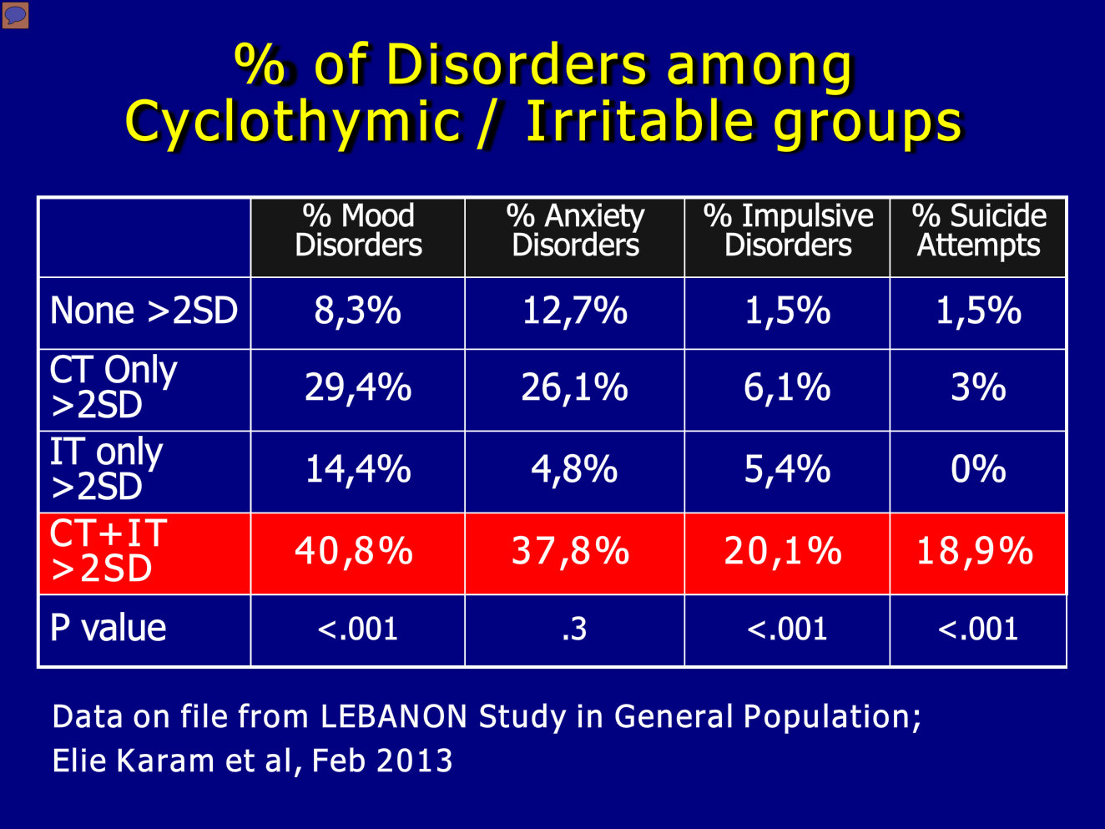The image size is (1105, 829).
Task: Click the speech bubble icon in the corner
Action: click(x=15, y=14)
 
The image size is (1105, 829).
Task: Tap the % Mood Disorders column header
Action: click(x=358, y=230)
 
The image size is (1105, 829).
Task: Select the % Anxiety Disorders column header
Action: click(x=575, y=230)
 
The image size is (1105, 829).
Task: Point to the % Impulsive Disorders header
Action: click(x=788, y=230)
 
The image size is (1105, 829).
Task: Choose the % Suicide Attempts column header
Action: click(x=979, y=230)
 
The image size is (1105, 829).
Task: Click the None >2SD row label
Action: click(x=144, y=310)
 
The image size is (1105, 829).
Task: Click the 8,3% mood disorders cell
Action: click(x=357, y=311)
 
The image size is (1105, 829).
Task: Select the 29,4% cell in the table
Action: click(x=358, y=387)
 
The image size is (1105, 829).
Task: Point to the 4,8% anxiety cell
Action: click(x=574, y=469)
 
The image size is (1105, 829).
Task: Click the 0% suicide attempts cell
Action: click(x=978, y=468)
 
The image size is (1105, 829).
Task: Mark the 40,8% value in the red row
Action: click(x=354, y=551)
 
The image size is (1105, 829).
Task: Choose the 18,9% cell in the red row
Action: click(x=975, y=551)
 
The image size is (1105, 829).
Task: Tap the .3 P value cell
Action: click(x=574, y=629)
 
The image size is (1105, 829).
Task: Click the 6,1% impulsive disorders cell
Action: click(x=787, y=387)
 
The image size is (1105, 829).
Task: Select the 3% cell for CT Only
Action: click(x=978, y=387)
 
